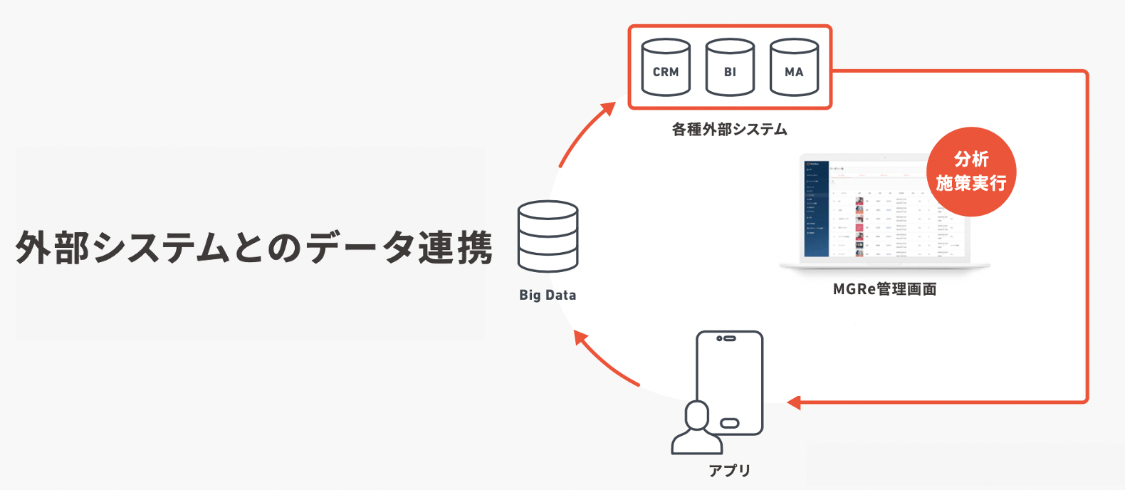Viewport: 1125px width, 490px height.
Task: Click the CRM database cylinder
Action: point(666,68)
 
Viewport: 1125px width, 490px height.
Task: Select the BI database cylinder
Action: point(730,68)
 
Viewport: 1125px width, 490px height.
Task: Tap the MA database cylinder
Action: point(794,68)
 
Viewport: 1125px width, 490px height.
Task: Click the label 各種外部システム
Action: point(729,130)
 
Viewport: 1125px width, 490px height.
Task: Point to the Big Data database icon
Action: point(548,236)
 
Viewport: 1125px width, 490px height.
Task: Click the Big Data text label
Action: point(548,295)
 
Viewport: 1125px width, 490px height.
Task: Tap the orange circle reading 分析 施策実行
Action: point(971,172)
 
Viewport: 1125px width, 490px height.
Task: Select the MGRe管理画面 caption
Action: point(884,289)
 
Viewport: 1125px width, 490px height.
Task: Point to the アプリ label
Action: point(730,471)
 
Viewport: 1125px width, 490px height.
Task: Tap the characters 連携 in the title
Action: point(455,248)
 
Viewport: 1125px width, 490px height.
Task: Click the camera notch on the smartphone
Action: point(726,338)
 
